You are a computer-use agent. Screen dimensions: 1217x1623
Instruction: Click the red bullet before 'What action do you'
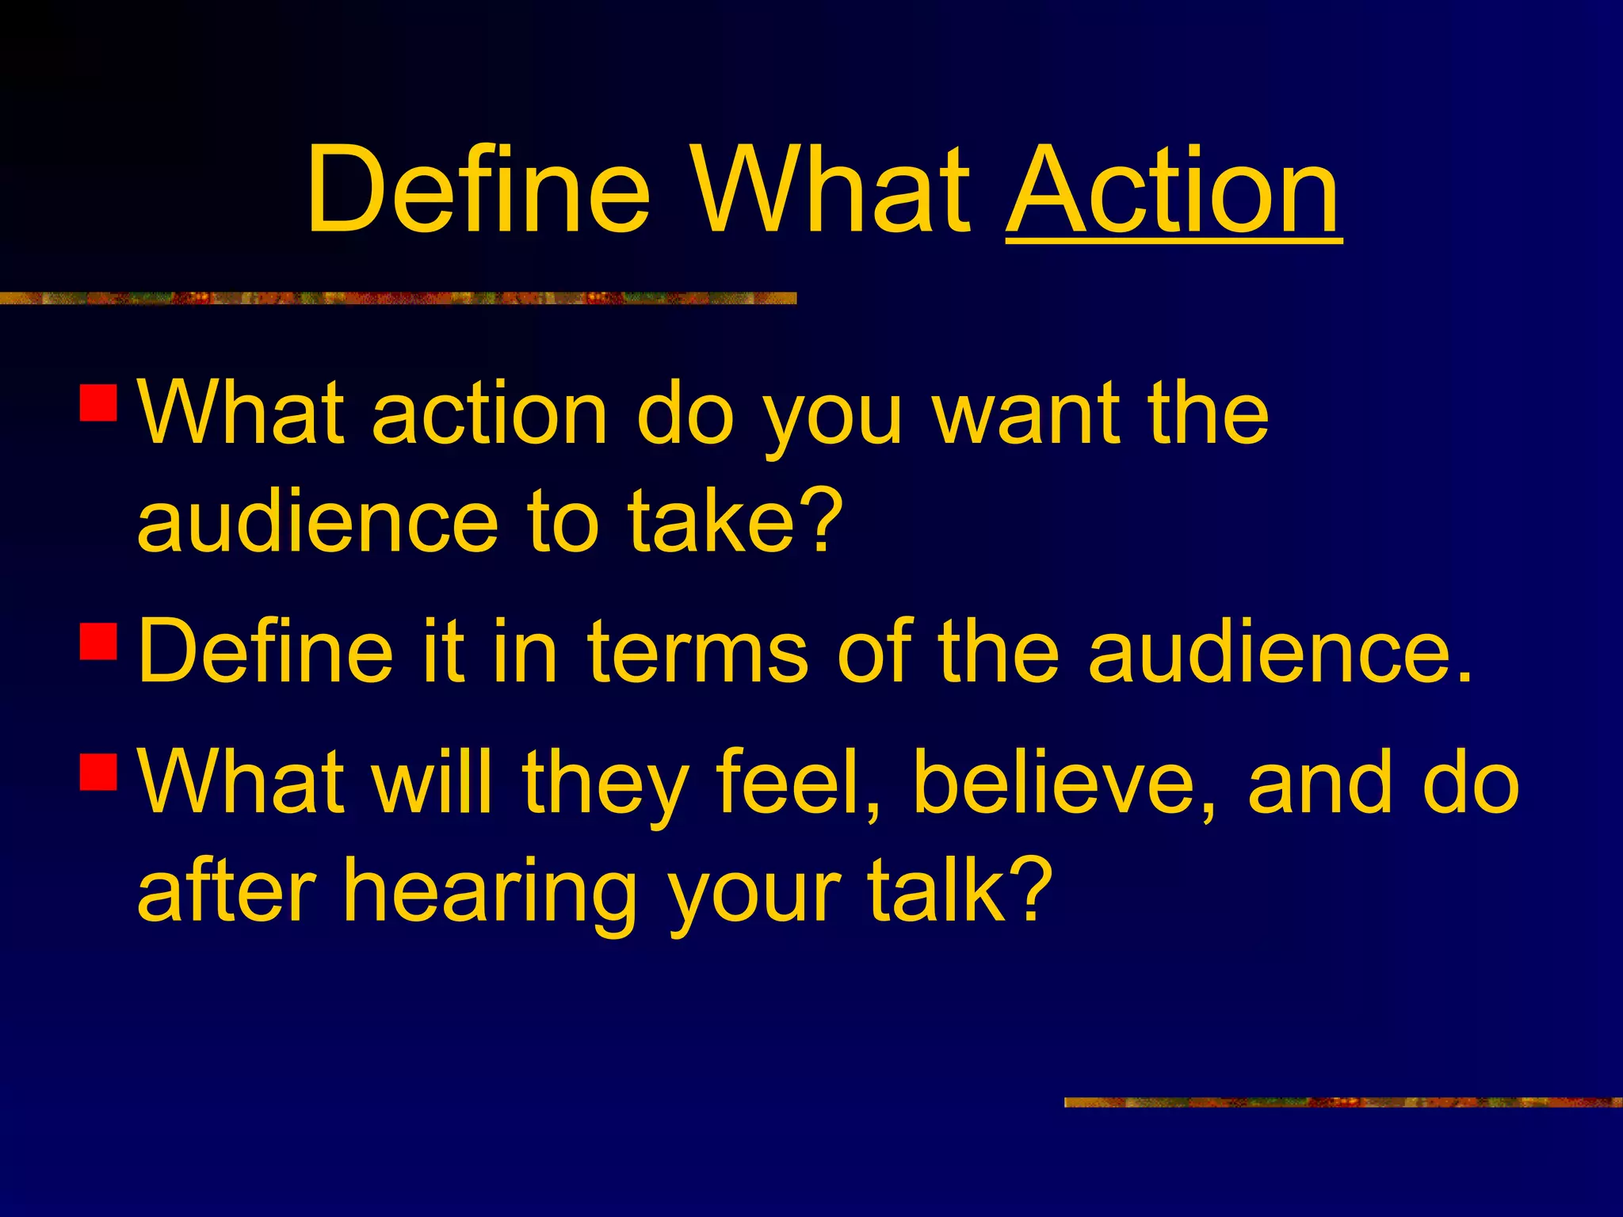click(x=99, y=402)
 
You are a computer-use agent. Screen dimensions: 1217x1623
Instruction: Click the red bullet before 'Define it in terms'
click(x=99, y=641)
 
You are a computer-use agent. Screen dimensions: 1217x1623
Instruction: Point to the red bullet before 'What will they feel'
click(x=99, y=772)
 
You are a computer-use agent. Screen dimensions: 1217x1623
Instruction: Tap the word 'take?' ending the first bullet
click(x=735, y=523)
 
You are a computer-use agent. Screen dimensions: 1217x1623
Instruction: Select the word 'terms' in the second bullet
click(x=697, y=651)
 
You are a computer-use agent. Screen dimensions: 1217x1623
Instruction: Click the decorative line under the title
click(x=396, y=298)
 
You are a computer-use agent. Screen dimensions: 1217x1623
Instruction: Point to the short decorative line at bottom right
click(x=1342, y=1102)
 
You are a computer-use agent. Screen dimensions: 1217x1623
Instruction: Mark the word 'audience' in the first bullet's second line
click(x=317, y=523)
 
